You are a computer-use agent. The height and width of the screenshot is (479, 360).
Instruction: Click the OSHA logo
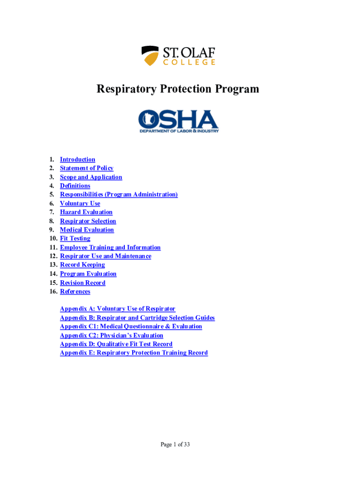pos(178,121)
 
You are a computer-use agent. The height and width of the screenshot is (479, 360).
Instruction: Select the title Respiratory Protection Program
pos(178,89)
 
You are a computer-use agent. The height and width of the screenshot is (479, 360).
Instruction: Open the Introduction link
pos(77,160)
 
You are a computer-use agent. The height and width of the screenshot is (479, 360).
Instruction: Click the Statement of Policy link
pos(86,168)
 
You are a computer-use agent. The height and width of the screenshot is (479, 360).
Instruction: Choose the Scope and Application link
pos(91,177)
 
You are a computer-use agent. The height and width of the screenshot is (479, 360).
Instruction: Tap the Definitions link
pos(75,186)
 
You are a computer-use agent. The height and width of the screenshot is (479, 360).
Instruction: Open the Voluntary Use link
pos(79,203)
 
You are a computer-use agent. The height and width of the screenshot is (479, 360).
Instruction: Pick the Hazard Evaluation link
pos(86,212)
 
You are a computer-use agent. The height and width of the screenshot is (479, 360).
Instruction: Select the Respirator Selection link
pos(88,221)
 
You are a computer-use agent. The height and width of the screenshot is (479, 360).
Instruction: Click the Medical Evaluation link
pos(86,230)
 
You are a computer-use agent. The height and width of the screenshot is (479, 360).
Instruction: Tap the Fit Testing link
pos(75,239)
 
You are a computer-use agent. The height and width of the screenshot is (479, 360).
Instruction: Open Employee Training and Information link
pos(110,247)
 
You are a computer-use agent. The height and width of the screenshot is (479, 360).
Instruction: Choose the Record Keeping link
pos(82,265)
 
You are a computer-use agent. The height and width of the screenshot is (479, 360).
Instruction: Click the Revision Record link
pos(82,283)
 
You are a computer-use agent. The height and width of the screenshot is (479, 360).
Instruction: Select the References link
pos(75,291)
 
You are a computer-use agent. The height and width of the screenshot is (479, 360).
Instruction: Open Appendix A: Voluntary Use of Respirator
pos(117,309)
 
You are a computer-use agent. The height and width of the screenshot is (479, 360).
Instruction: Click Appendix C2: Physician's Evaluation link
pos(111,335)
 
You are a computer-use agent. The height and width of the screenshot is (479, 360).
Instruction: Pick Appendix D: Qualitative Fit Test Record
pos(116,344)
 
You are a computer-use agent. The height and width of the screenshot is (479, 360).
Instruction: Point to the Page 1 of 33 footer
pos(175,445)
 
